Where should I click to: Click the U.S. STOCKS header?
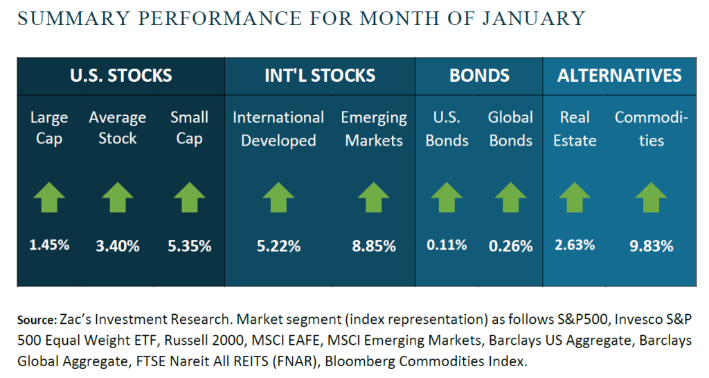pos(120,75)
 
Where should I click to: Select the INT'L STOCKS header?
pos(320,75)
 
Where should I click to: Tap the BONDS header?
pos(479,75)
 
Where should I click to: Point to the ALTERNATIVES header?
pos(619,75)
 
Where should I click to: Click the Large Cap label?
pos(49,128)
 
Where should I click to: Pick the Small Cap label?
pos(189,128)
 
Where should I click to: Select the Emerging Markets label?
pos(374,129)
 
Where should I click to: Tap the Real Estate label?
pos(575,129)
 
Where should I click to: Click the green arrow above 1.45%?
pos(49,197)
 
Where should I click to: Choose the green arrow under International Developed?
pos(278,197)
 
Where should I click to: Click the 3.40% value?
pos(118,246)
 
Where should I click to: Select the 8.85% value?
pos(374,246)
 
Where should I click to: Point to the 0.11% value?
pos(447,245)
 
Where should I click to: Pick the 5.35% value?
pos(189,246)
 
